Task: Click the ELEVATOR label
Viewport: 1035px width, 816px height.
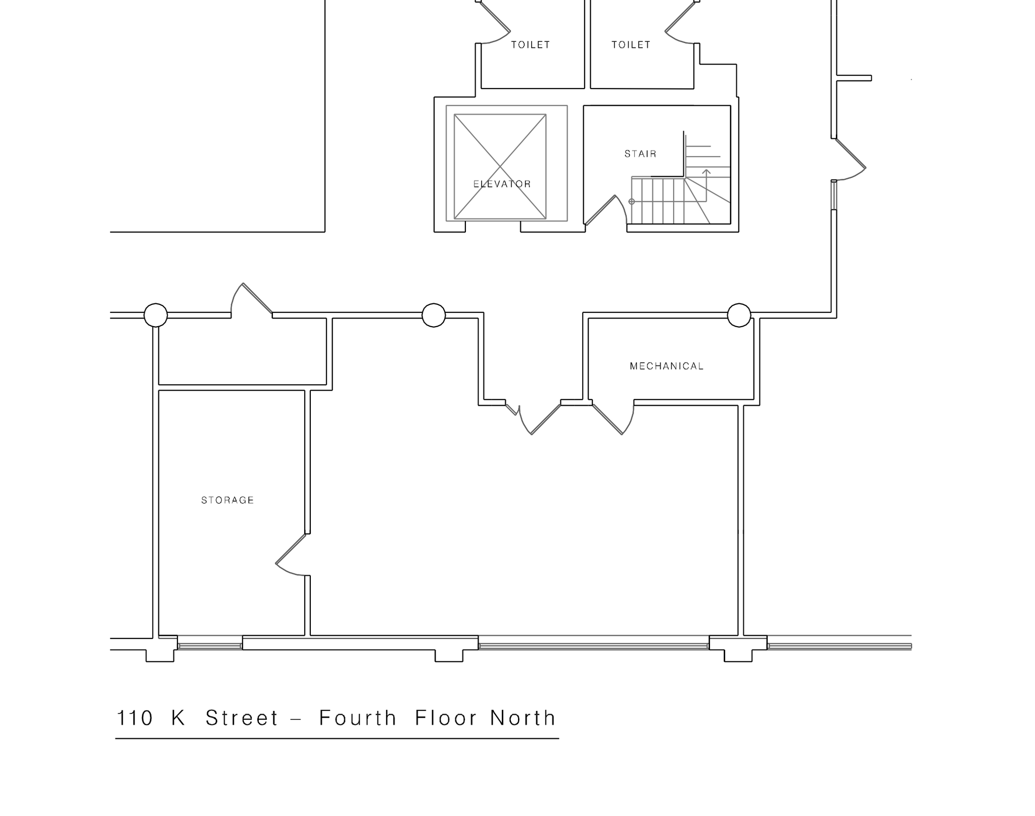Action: [x=502, y=184]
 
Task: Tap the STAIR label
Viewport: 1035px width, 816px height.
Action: [x=640, y=154]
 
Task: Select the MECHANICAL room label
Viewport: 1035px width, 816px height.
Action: [x=667, y=366]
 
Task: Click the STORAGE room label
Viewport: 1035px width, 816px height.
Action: [x=227, y=500]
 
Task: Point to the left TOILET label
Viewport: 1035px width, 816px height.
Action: [x=530, y=45]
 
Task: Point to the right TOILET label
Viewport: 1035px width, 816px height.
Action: [x=631, y=45]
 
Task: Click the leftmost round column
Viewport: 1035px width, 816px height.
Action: [x=156, y=315]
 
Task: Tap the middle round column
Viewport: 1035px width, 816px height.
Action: [x=434, y=315]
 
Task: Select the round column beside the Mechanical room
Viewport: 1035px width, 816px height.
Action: [x=739, y=315]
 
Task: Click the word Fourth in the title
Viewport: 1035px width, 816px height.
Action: [x=358, y=718]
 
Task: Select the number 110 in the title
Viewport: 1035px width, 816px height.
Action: [x=134, y=718]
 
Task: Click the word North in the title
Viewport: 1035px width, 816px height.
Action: [x=523, y=718]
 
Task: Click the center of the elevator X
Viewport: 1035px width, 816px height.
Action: [x=500, y=166]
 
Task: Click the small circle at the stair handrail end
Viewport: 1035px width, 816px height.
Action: [x=632, y=202]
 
